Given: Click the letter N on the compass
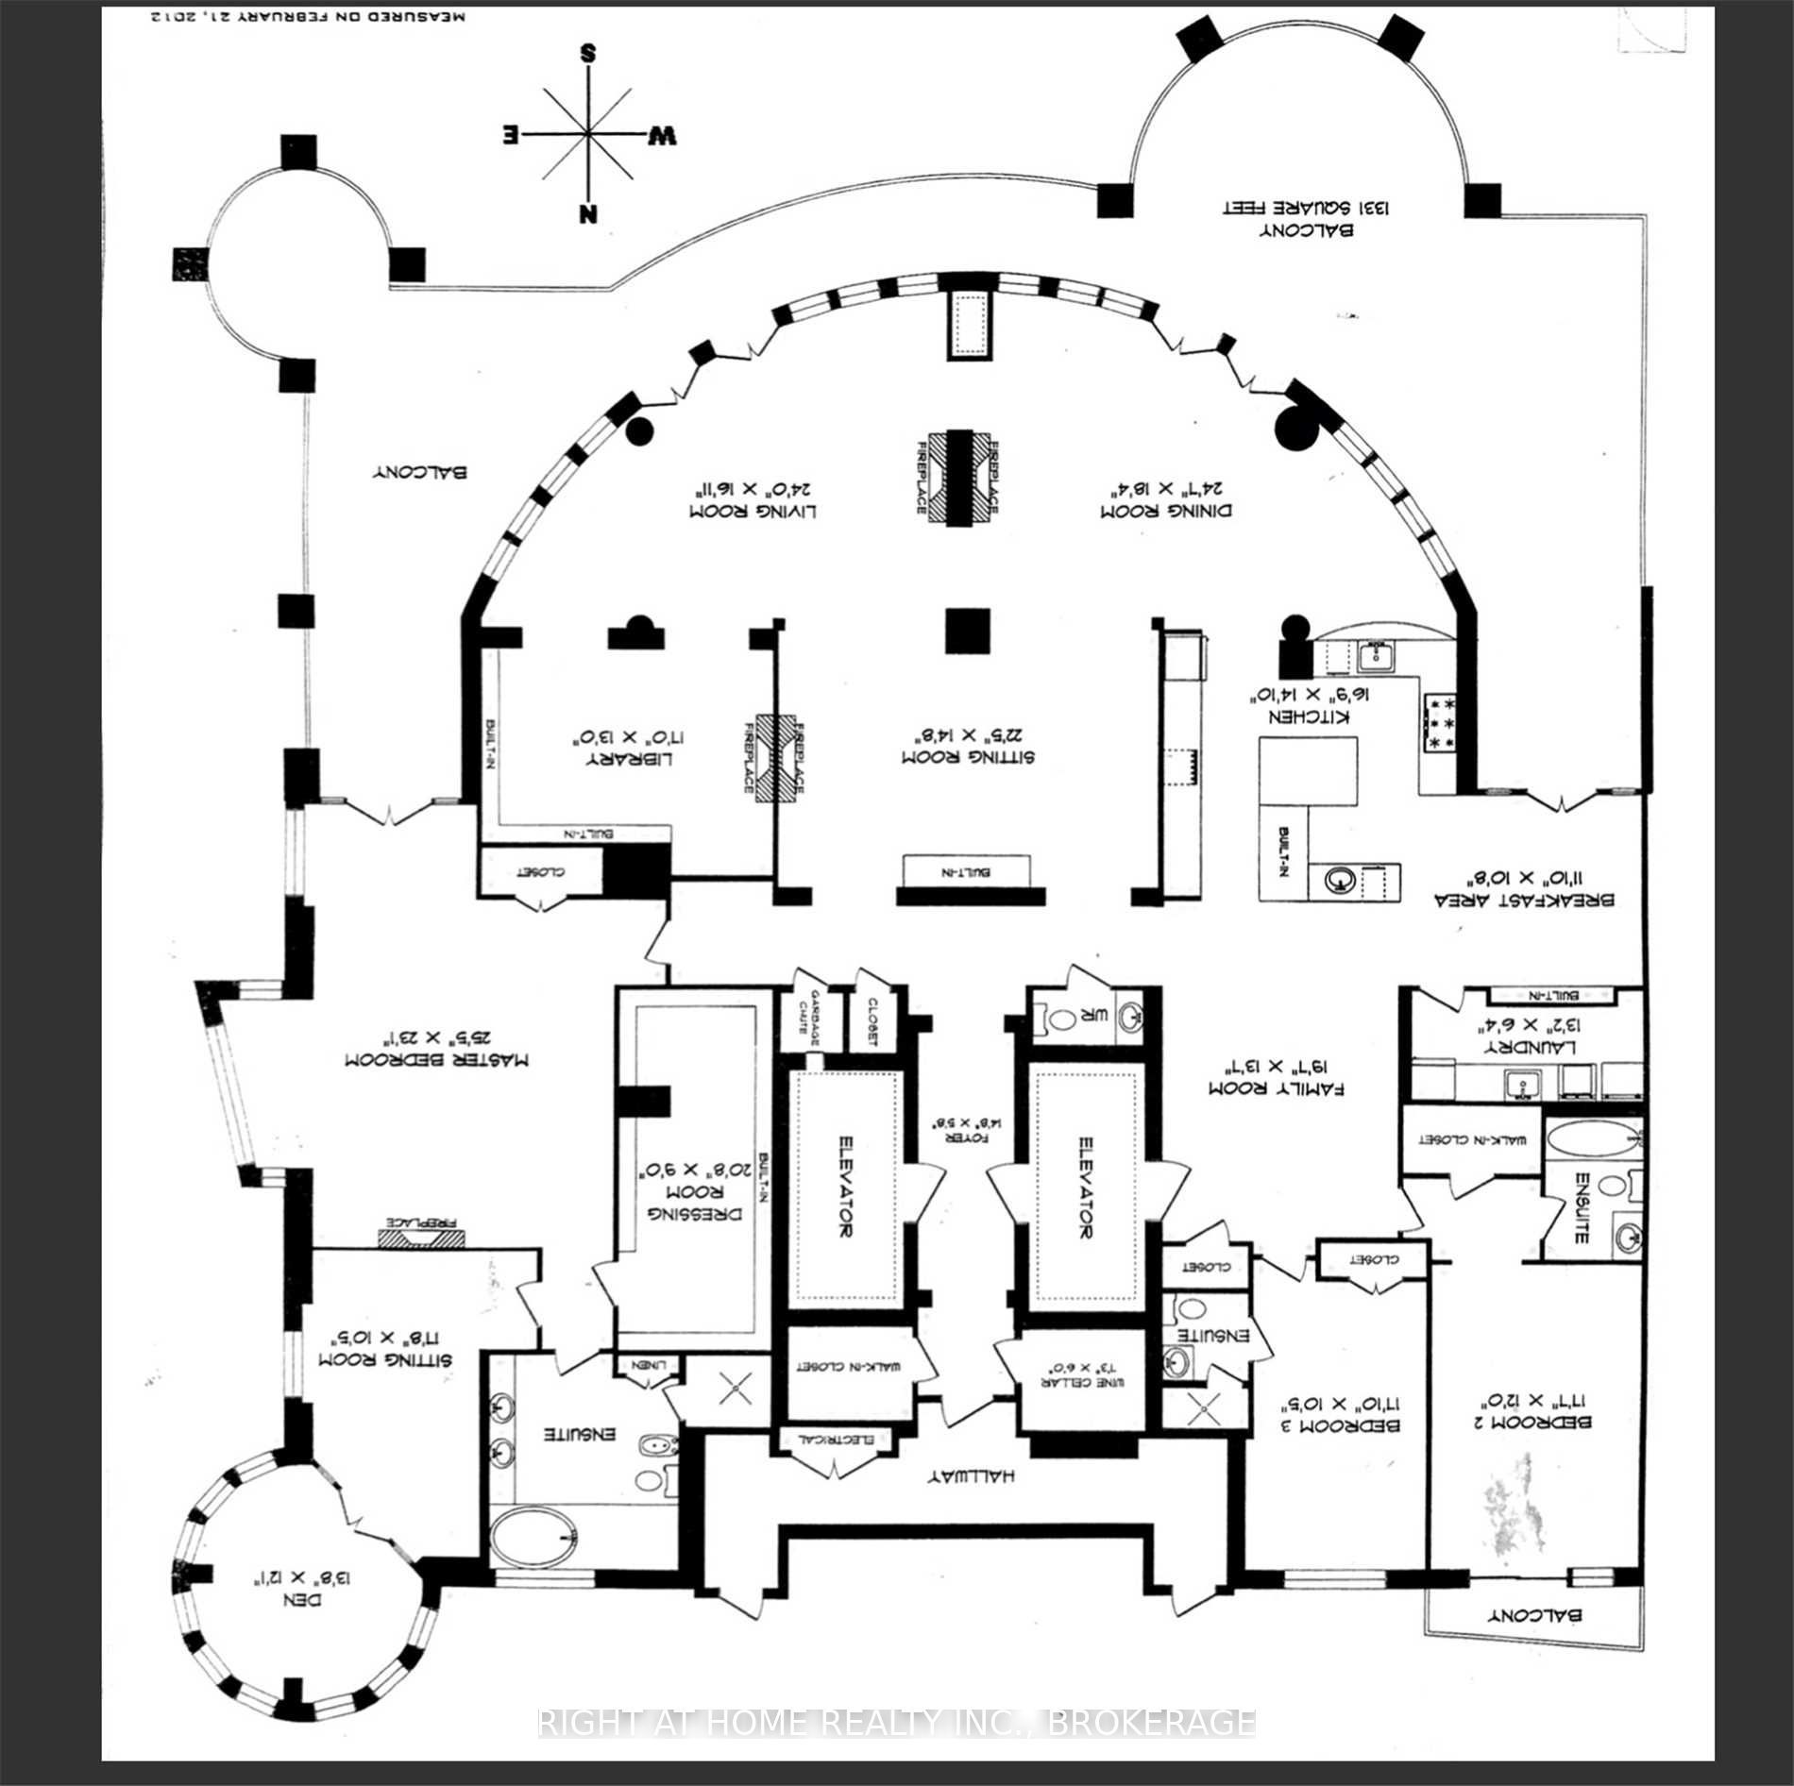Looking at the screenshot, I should point(589,212).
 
